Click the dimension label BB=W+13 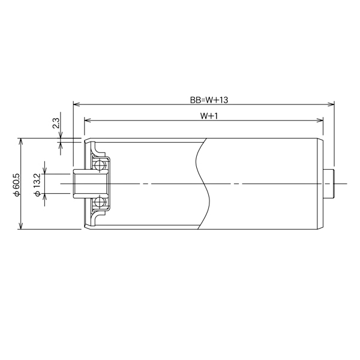click(205, 99)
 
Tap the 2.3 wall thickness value click(56, 124)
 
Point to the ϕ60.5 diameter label click(16, 184)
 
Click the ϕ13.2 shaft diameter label click(38, 183)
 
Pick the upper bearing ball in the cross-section click(100, 164)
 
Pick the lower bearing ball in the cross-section click(100, 202)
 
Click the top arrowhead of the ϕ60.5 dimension click(22, 140)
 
